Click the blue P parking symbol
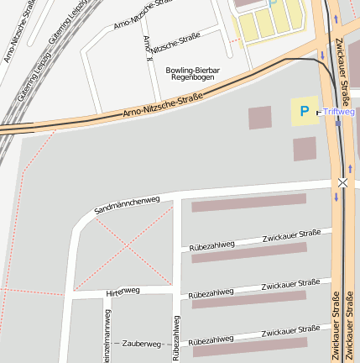tap(302, 111)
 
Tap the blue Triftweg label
tap(339, 111)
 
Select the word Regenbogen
tap(191, 77)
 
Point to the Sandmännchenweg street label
tap(128, 203)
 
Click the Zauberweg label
tap(141, 344)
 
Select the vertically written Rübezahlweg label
tap(176, 337)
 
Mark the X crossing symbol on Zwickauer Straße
tap(342, 182)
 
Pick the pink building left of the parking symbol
tap(260, 118)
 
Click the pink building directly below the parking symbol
tap(305, 149)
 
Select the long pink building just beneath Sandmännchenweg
tap(248, 203)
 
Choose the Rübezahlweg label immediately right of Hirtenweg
tap(211, 292)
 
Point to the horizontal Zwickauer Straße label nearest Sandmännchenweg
tap(291, 238)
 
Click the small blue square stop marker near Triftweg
tap(318, 111)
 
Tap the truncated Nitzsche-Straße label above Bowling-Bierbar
tap(176, 43)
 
